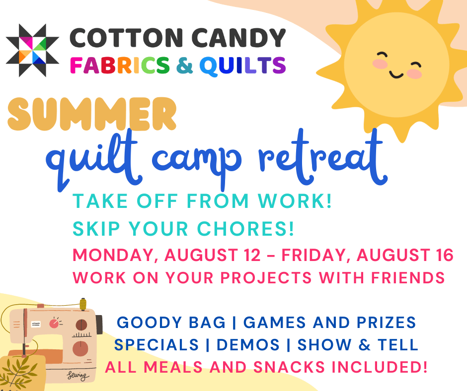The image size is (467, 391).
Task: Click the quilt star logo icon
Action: click(26, 50)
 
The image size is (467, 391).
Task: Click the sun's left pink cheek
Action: click(380, 65)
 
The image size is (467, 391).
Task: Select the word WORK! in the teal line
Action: click(298, 202)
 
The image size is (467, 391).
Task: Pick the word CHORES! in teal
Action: click(248, 228)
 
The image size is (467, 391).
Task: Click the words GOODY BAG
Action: click(171, 323)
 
